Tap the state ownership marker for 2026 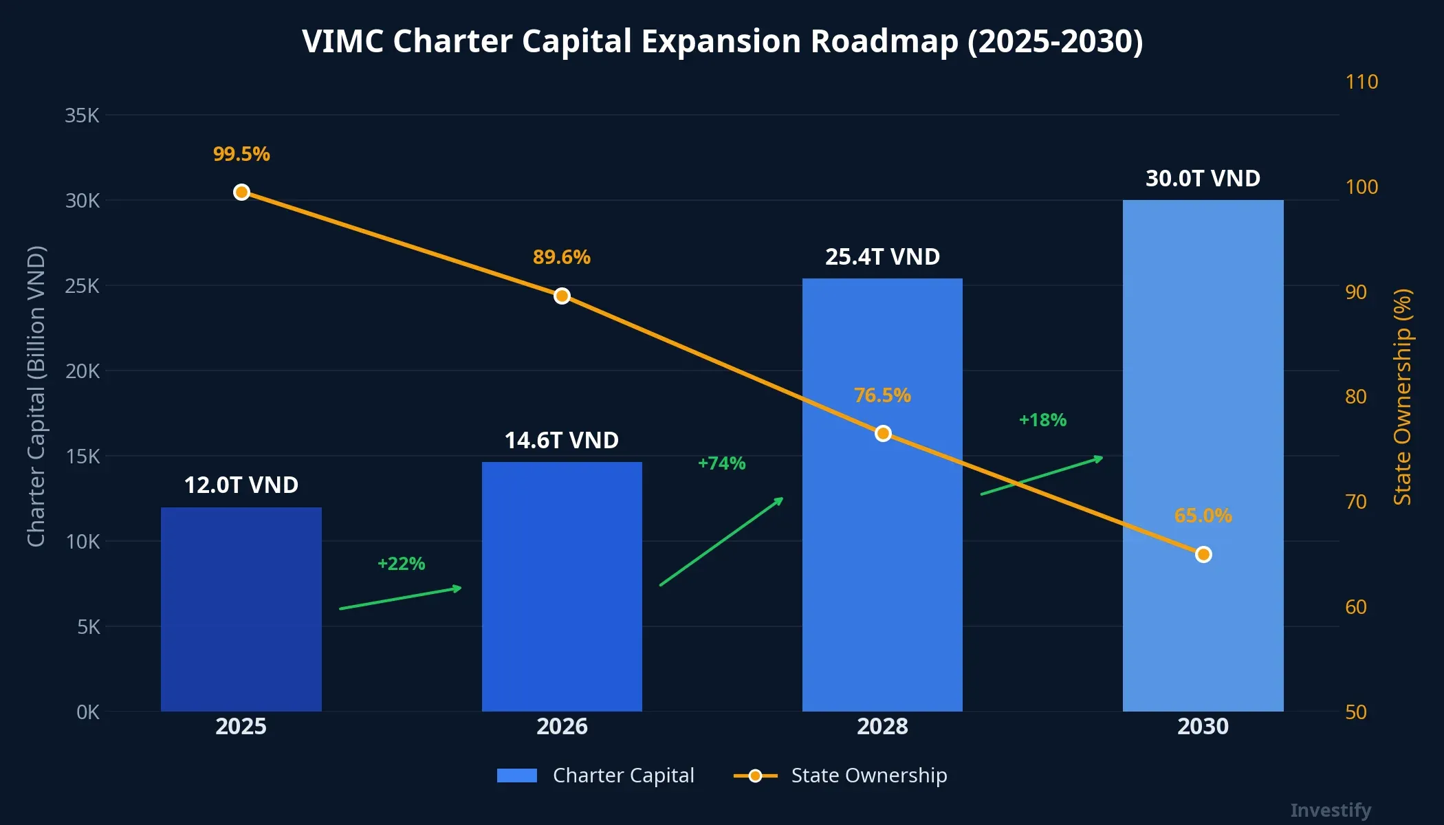[562, 296]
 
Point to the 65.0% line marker [1203, 554]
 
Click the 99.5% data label [241, 154]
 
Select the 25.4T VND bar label [882, 256]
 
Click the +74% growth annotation [721, 463]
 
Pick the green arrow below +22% [401, 598]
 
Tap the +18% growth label [1042, 420]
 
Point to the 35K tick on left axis [82, 115]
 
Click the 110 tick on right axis [1361, 82]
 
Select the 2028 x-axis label [882, 726]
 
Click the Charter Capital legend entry [595, 775]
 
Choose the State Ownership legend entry [840, 775]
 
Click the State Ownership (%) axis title [1402, 397]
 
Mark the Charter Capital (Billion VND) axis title [36, 397]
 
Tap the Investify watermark [1330, 810]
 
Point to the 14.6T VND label [562, 440]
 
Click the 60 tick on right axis [1355, 607]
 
